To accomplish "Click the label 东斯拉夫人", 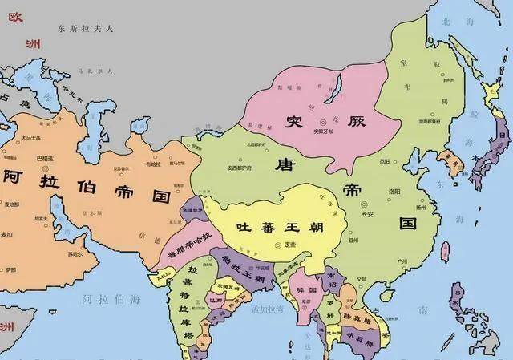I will pyautogui.click(x=86, y=28).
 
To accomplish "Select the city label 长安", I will pyautogui.click(x=368, y=214).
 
